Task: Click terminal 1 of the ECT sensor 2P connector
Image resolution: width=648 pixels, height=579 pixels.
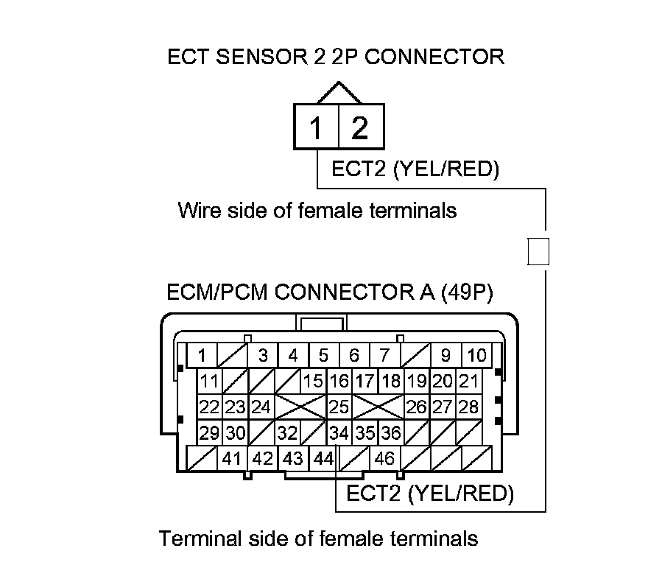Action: coord(316,127)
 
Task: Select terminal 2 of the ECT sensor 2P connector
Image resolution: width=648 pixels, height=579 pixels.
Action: coord(362,127)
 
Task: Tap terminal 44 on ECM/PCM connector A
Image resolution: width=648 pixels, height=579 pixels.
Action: coord(323,458)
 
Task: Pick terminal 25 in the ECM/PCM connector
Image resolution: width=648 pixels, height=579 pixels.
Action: coord(339,407)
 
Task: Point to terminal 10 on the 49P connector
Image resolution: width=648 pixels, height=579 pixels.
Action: coord(476,355)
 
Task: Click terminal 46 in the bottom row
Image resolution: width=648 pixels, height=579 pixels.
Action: coord(384,458)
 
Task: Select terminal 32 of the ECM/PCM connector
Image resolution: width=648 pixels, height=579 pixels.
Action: coord(288,432)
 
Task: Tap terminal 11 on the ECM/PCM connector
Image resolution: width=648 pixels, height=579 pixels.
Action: coord(210,381)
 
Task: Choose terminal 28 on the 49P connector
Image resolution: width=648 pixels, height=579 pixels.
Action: coord(468,407)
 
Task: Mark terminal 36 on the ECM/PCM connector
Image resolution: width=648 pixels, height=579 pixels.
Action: coord(391,432)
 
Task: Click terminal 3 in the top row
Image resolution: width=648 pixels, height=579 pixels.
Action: coord(263,355)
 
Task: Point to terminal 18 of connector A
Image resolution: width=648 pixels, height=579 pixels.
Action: coord(391,381)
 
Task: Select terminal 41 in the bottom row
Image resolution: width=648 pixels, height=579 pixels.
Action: coord(232,458)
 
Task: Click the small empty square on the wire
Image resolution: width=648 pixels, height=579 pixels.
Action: coord(538,251)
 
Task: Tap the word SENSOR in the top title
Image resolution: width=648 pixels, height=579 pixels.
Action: coord(262,57)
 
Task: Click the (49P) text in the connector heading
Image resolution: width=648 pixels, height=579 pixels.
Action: coord(467,292)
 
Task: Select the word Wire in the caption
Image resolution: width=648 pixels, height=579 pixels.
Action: coord(200,210)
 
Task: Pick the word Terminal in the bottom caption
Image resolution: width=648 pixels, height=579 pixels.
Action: coord(200,538)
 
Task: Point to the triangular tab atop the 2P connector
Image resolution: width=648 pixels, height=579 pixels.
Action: coord(339,93)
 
